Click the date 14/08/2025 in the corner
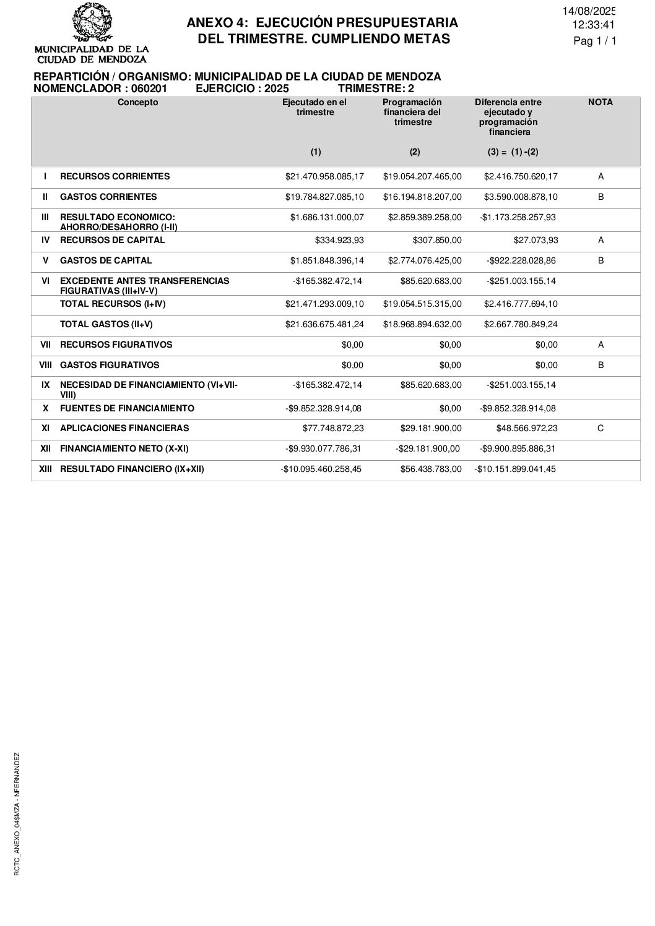pyautogui.click(x=589, y=11)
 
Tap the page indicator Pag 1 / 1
pyautogui.click(x=595, y=41)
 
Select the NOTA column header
pyautogui.click(x=600, y=103)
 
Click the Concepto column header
pyautogui.click(x=137, y=103)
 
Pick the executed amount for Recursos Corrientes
pyautogui.click(x=324, y=177)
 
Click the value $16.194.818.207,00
pyautogui.click(x=422, y=197)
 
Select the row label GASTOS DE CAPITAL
pyautogui.click(x=106, y=260)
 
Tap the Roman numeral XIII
pyautogui.click(x=45, y=469)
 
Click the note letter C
pyautogui.click(x=601, y=428)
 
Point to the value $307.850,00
pyautogui.click(x=437, y=240)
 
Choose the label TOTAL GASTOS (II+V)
pyautogui.click(x=106, y=324)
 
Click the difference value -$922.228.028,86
pyautogui.click(x=521, y=260)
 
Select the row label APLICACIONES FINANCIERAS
pyautogui.click(x=124, y=428)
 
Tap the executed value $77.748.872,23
pyautogui.click(x=333, y=428)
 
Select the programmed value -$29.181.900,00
pyautogui.click(x=428, y=448)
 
